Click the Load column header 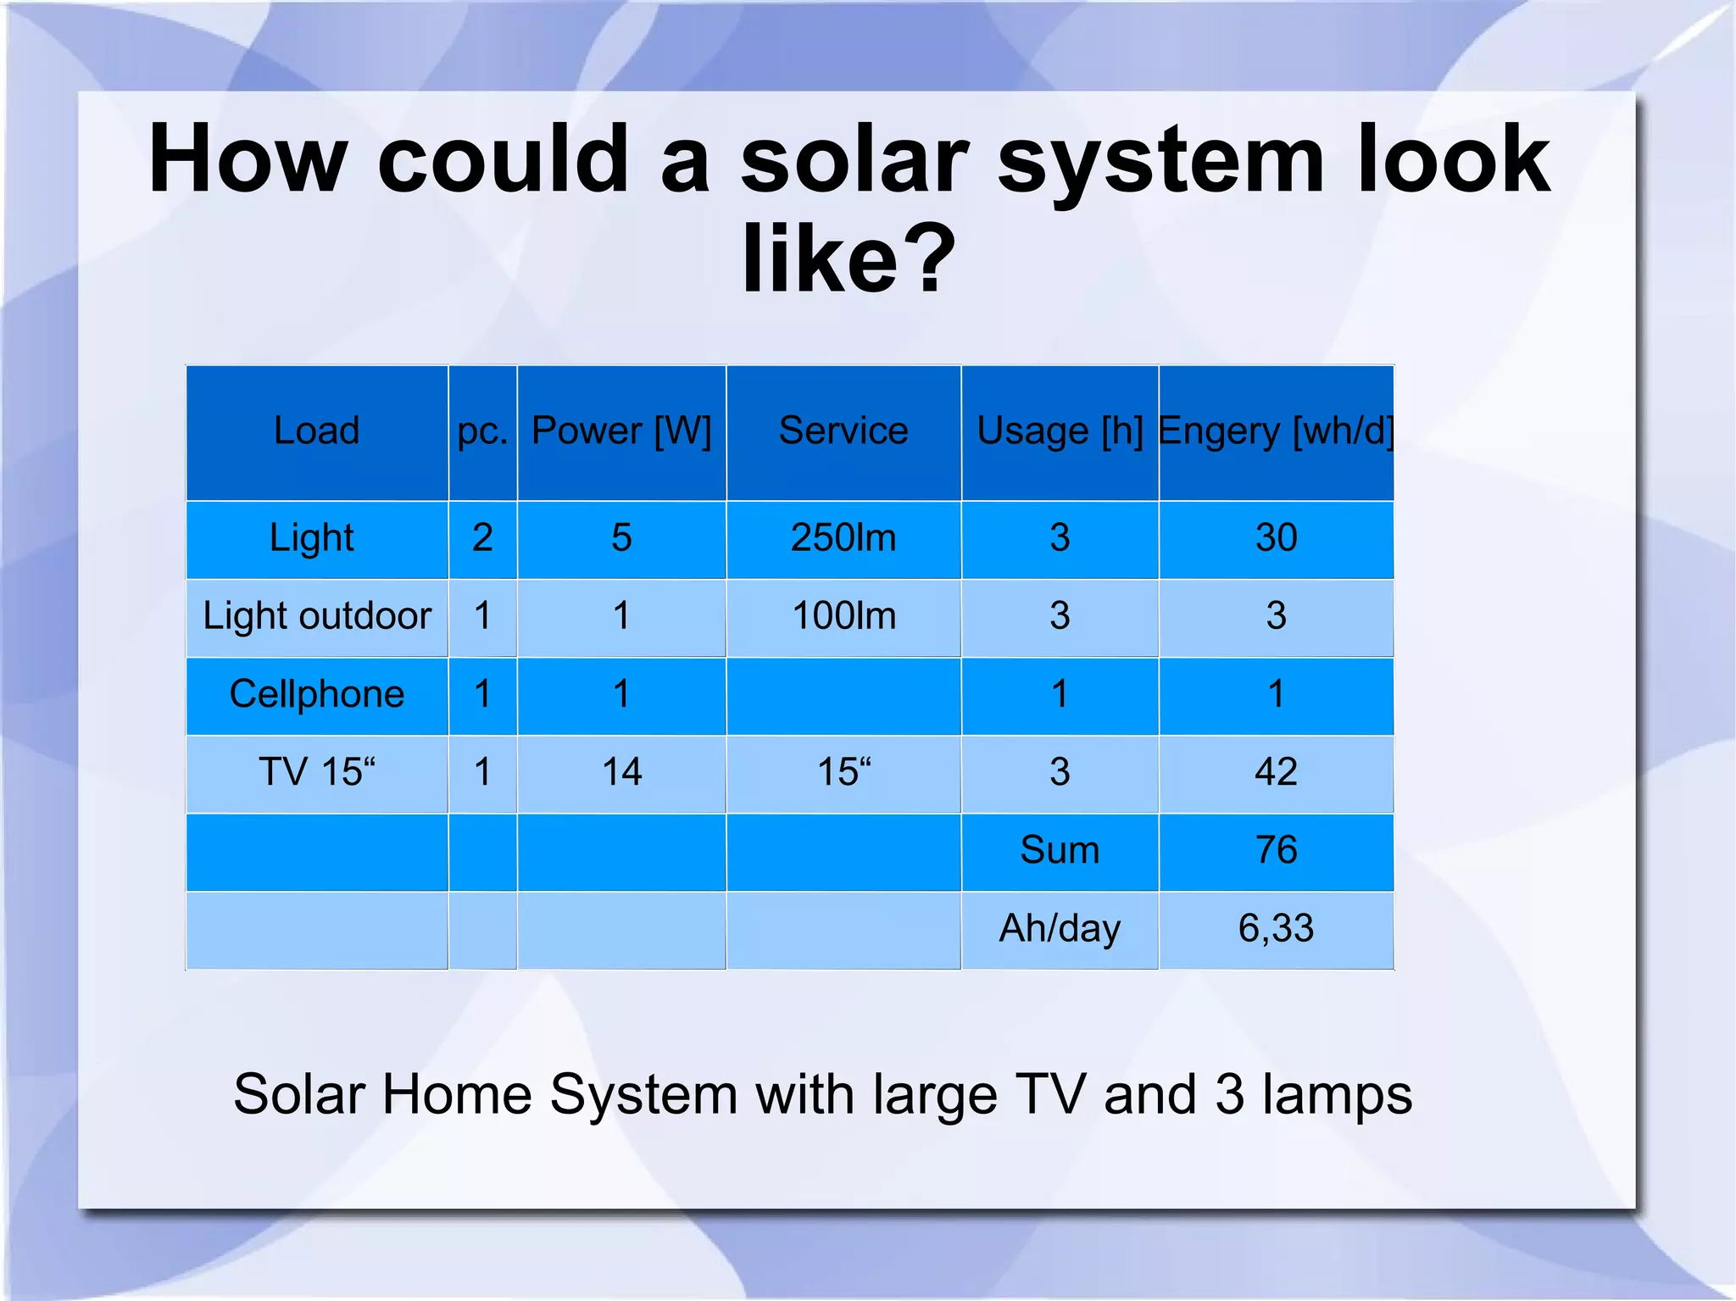[x=316, y=431]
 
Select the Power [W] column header [x=621, y=431]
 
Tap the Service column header [x=843, y=431]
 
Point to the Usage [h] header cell [x=1060, y=431]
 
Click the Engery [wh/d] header [x=1276, y=431]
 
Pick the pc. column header [x=482, y=431]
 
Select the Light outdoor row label [x=317, y=615]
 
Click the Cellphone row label [x=317, y=694]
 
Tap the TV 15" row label [x=317, y=772]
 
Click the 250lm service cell [x=843, y=537]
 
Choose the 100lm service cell [x=843, y=615]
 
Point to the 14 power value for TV [x=621, y=772]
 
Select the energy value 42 [x=1276, y=772]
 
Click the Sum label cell [x=1060, y=850]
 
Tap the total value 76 [x=1276, y=850]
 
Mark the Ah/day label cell [x=1060, y=928]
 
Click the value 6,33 [x=1276, y=928]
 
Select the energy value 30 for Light [x=1276, y=537]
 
